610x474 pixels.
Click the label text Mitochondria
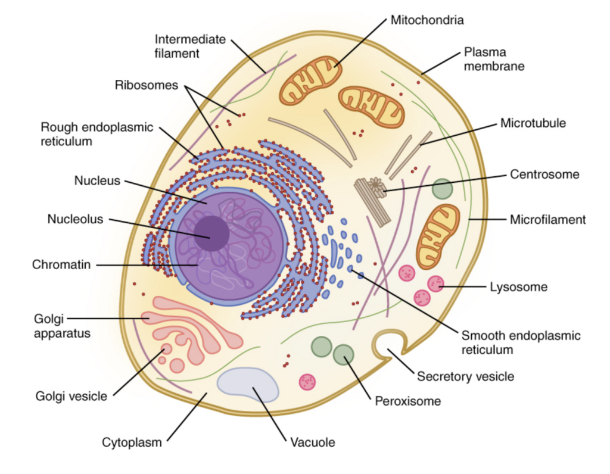427,20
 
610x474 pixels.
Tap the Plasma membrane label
494,59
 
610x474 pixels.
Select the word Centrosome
544,174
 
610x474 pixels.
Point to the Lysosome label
518,287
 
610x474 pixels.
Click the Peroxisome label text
407,401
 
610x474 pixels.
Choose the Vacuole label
313,442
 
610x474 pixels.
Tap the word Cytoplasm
132,442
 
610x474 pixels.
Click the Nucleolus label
75,219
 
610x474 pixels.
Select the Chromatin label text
61,264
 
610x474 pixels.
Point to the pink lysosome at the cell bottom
308,381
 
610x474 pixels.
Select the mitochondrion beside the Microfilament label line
438,236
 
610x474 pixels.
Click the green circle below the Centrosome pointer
443,189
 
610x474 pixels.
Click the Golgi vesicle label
71,396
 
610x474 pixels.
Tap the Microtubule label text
533,124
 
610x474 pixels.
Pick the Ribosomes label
147,85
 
